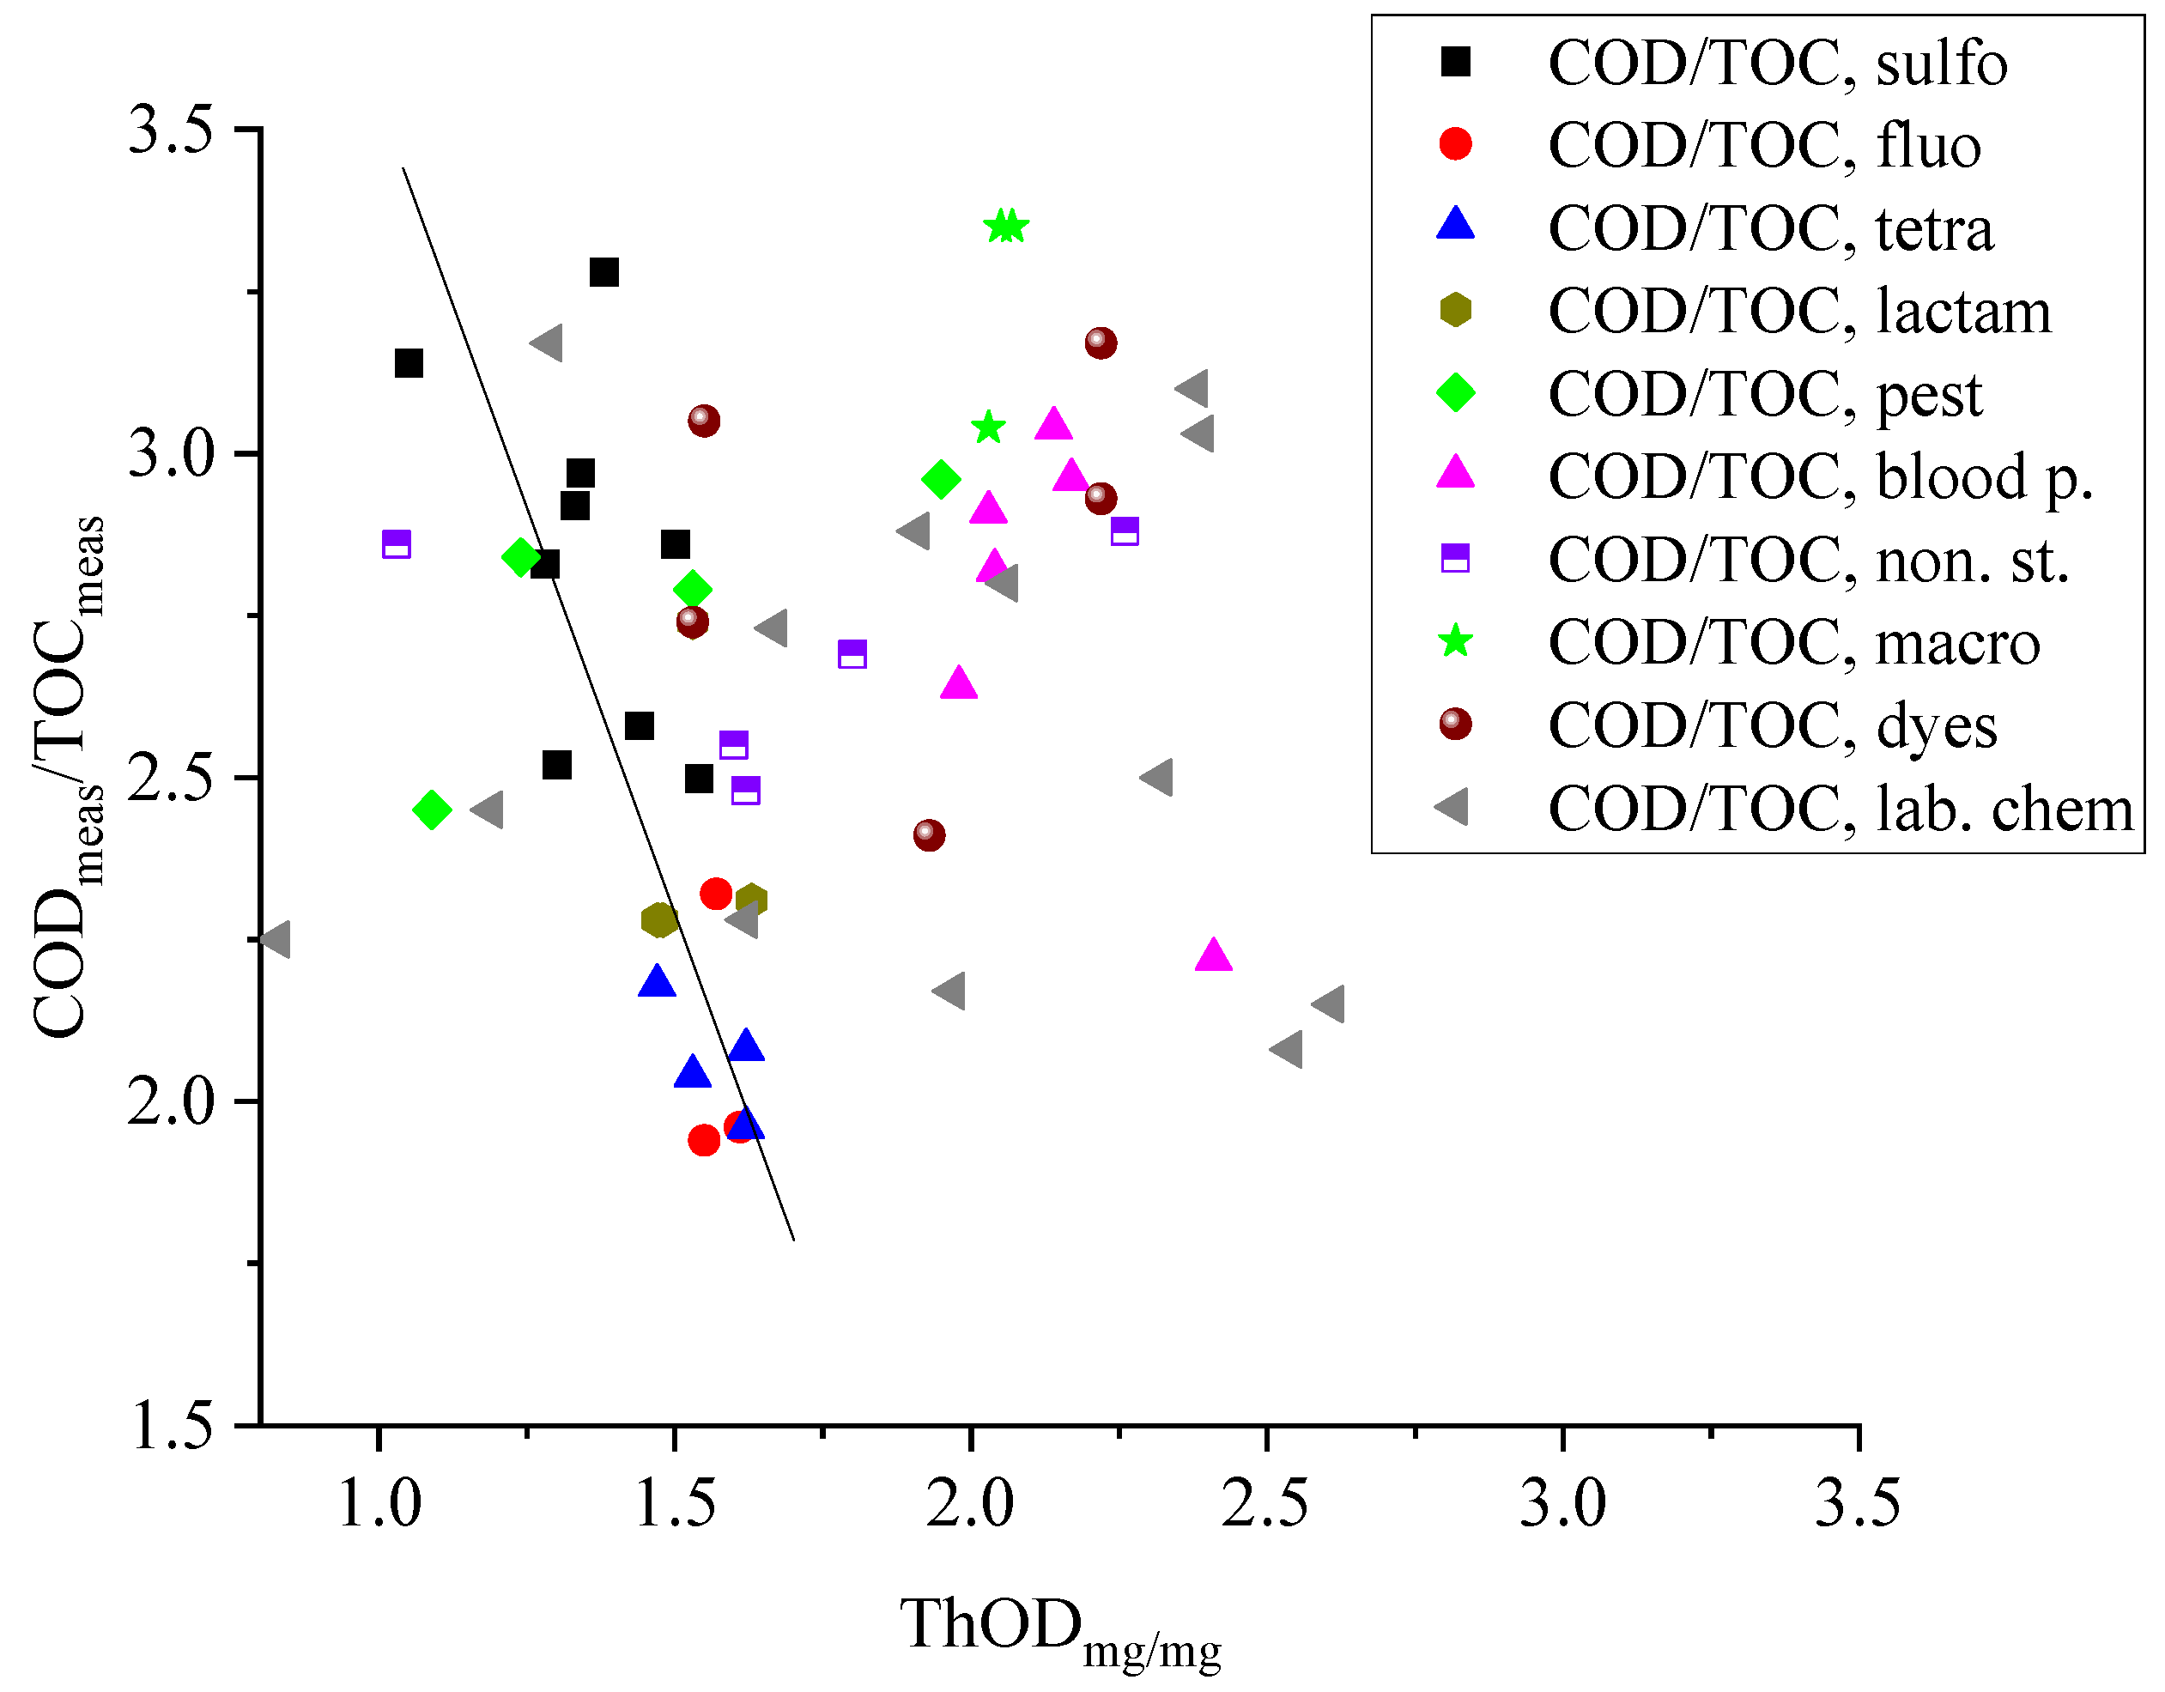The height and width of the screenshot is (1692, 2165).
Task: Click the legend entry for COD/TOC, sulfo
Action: pos(1776,64)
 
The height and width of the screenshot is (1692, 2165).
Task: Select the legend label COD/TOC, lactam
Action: pos(1798,312)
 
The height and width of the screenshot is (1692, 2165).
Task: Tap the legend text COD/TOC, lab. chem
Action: pos(1840,809)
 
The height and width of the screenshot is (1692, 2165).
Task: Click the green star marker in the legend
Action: pos(1455,641)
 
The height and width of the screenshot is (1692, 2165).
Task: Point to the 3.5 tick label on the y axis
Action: pos(171,130)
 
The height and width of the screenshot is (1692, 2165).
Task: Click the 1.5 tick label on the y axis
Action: pos(171,1428)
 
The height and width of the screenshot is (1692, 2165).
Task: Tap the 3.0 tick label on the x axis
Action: pos(1562,1505)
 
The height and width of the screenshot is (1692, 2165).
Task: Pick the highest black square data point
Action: pos(603,273)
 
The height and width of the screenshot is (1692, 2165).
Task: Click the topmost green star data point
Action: pos(1006,227)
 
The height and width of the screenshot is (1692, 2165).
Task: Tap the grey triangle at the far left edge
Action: pos(276,938)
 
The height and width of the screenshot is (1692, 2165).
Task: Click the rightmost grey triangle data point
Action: pos(1330,1004)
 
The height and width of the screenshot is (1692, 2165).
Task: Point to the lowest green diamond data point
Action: pos(431,810)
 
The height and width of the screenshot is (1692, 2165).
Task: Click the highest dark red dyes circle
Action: pos(1101,343)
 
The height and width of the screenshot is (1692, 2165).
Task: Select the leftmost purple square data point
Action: pos(396,544)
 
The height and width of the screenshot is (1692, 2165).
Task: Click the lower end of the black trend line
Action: pos(794,1239)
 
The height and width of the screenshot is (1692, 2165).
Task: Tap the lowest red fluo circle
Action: pos(704,1140)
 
